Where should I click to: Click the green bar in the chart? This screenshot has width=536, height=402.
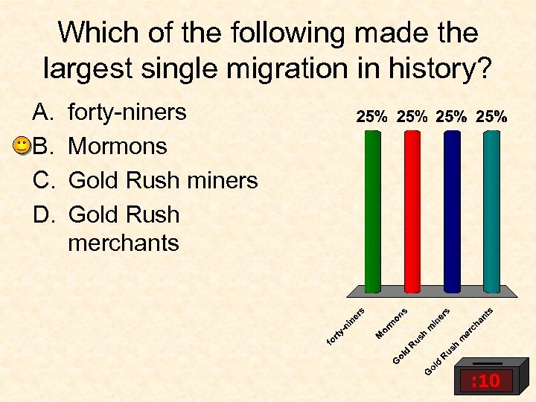pos(372,212)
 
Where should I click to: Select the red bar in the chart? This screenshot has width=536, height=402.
pos(412,212)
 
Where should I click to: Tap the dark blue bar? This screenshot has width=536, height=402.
pos(451,212)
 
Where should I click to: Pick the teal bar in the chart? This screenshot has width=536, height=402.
pos(491,212)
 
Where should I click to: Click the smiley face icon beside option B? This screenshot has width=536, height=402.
pos(22,146)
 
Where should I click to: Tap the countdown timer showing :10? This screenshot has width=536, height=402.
pos(485,381)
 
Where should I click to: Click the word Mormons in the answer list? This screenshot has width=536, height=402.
pos(118,146)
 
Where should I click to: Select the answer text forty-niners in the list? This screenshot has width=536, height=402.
pos(127,112)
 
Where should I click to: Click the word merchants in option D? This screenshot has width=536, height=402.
pos(124,243)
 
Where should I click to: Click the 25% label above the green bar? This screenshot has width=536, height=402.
pos(371,116)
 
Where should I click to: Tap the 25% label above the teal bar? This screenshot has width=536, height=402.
pos(492,116)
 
